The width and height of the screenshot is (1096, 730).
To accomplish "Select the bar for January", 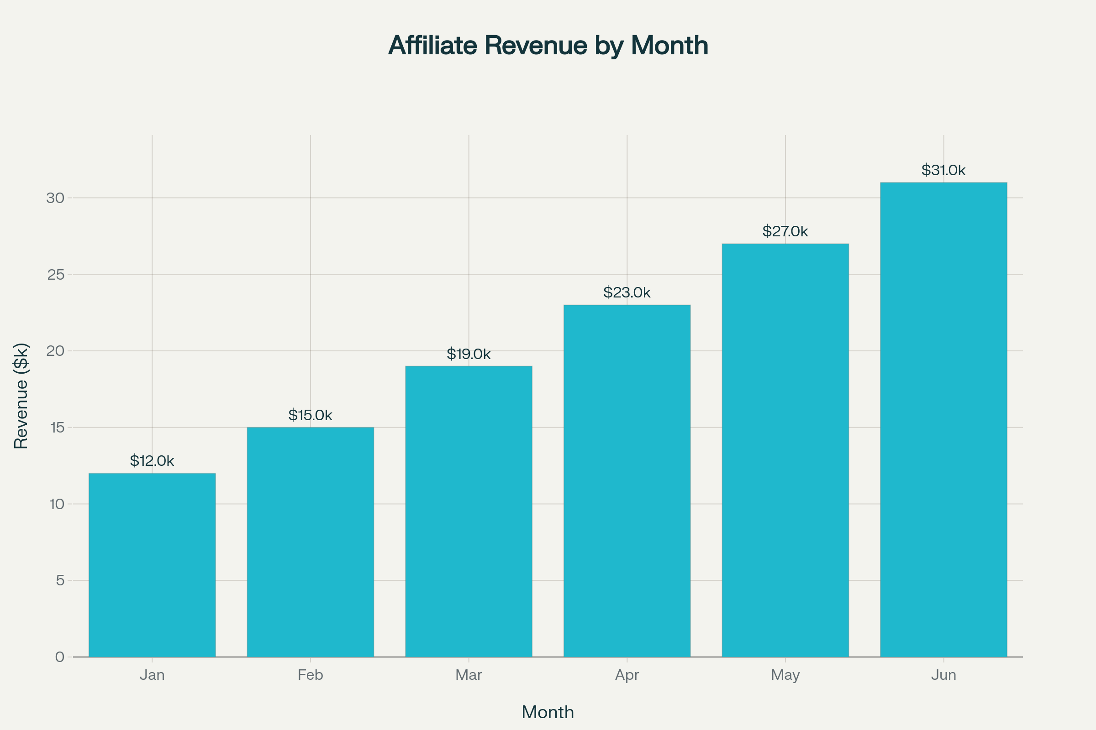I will (152, 565).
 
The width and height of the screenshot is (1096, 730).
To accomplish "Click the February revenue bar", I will (311, 542).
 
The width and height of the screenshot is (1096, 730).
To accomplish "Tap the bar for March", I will (469, 511).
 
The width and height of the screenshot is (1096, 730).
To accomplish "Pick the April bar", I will (627, 481).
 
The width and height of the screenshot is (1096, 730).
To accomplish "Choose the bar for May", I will (785, 450).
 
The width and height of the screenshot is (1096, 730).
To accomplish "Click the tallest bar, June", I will (943, 419).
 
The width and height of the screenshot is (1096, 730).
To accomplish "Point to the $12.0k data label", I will (152, 461).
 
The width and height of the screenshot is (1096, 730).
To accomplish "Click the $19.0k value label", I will (469, 354).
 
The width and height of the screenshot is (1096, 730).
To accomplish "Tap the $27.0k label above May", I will (785, 231).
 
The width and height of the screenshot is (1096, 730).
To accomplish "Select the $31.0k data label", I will (943, 170).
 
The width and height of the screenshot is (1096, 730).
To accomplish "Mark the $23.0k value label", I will (627, 292).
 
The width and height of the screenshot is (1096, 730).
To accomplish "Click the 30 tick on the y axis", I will (55, 198).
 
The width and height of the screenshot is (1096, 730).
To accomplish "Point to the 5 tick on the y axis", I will (60, 580).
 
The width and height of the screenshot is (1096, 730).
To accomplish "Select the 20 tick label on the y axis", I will (55, 351).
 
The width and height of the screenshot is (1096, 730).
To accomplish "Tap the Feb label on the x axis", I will (311, 675).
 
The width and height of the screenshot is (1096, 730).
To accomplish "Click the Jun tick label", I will (943, 675).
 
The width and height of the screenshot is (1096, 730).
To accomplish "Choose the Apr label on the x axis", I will (627, 675).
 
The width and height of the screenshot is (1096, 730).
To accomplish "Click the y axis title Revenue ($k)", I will (21, 396).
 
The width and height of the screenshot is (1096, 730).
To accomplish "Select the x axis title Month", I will (548, 712).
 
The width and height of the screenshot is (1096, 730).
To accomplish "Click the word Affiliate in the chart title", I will (433, 46).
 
